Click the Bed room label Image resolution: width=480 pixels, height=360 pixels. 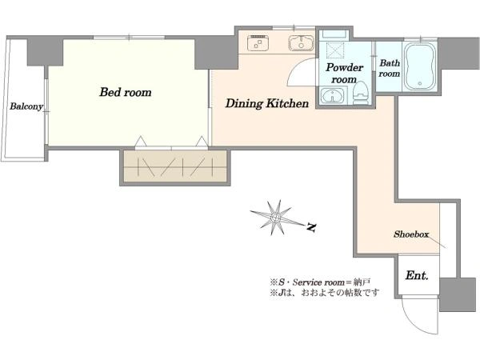(x=126, y=92)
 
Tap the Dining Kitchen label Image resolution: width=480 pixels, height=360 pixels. (x=267, y=103)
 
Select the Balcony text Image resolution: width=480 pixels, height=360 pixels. (x=26, y=106)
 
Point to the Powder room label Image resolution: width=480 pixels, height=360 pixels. (x=344, y=73)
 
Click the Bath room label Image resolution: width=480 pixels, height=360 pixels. (x=390, y=68)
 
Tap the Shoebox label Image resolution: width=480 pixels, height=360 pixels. (x=411, y=234)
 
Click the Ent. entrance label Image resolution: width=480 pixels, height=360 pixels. (x=417, y=275)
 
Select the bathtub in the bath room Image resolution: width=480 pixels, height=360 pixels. (x=420, y=66)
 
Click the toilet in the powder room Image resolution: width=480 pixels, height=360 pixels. (x=361, y=93)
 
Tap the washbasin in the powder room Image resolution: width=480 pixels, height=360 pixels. (x=333, y=95)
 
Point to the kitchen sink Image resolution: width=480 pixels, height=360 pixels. (x=301, y=43)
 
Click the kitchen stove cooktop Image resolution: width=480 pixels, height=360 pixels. (x=258, y=42)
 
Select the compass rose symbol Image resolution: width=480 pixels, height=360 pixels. (x=276, y=218)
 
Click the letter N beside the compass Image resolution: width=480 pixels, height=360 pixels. (x=311, y=227)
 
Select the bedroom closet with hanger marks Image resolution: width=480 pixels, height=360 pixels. (x=175, y=166)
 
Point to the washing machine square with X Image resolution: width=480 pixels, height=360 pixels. (x=335, y=50)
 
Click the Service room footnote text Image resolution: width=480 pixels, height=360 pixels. (x=320, y=282)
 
